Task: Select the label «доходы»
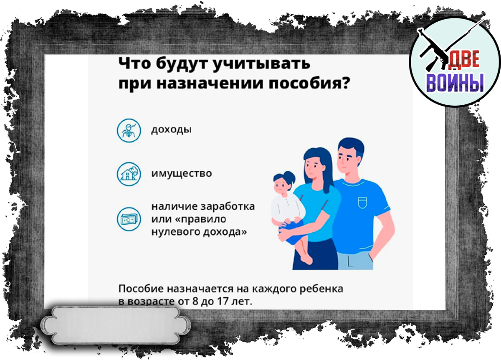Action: tap(171, 129)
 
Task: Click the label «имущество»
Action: tap(182, 173)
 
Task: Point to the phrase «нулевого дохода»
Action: tap(198, 232)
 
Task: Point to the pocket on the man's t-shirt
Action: tap(363, 203)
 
